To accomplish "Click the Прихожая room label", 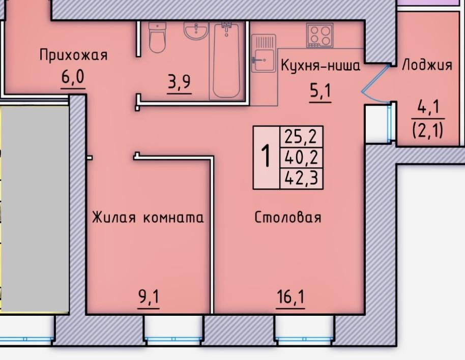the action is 73,55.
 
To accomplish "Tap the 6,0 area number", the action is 73,78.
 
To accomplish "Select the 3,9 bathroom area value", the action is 179,83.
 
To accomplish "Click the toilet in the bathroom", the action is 157,37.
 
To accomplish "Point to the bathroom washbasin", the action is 196,31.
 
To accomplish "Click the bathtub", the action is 226,61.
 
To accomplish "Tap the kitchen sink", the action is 264,53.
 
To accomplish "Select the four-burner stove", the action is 319,36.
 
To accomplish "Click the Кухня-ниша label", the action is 321,65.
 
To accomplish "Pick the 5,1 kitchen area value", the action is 320,92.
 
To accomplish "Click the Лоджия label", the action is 427,65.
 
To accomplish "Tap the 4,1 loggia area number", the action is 428,107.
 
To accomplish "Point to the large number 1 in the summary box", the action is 266,156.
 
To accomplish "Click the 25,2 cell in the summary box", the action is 301,137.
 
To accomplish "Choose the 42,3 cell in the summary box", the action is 301,178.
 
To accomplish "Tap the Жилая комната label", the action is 148,218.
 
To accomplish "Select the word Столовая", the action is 287,218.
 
